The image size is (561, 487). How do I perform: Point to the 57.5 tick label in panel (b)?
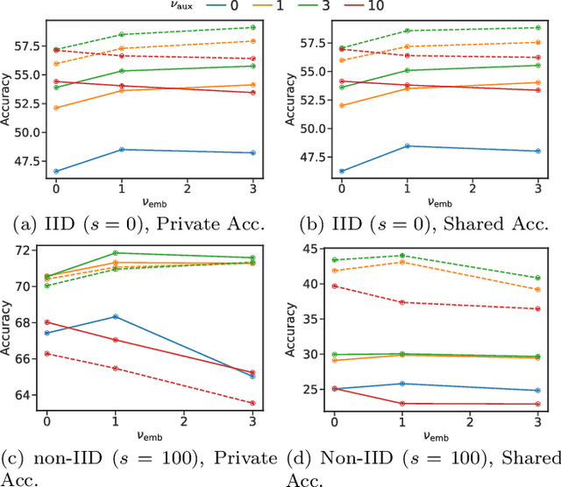click(310, 42)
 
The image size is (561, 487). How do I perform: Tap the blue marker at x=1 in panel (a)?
click(122, 150)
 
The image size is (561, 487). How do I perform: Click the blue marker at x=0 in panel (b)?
click(342, 171)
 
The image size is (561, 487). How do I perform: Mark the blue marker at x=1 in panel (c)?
click(115, 316)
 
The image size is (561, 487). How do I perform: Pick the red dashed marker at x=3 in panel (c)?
click(252, 403)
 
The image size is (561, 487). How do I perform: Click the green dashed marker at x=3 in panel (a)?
click(252, 28)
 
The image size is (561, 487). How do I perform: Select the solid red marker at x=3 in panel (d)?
click(537, 404)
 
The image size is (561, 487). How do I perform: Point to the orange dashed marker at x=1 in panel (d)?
click(401, 262)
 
